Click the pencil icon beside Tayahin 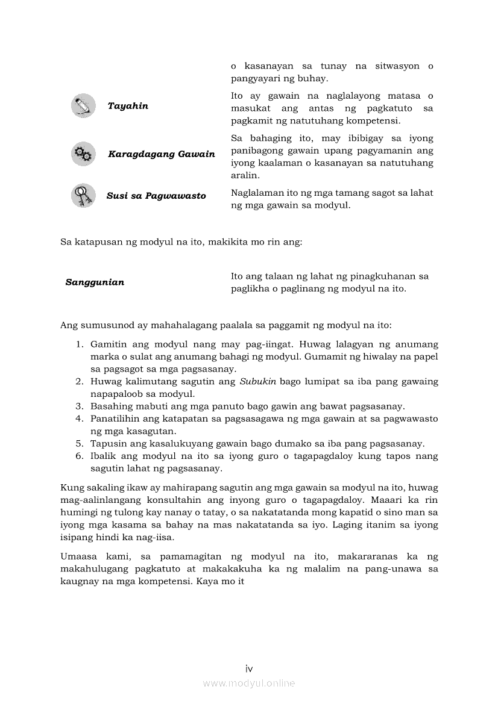83,105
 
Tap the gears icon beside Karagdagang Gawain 83,154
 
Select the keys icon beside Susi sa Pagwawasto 83,196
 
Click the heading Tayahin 128,106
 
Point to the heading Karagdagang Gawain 161,154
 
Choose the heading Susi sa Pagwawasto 156,196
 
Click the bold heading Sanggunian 95,282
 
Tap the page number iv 249,668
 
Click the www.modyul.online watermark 249,683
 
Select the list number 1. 79,344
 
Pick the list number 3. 79,407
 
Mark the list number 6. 79,456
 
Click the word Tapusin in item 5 107,444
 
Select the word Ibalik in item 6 103,456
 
